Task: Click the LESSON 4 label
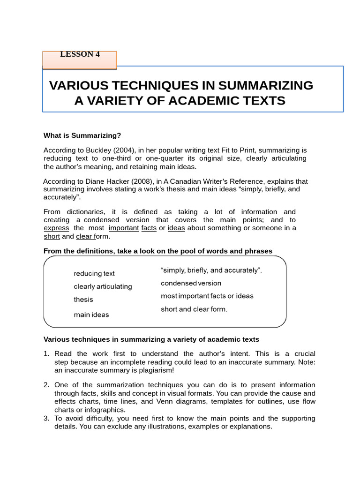[80, 54]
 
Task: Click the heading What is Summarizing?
[82, 135]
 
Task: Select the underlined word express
[56, 228]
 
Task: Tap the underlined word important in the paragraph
[124, 228]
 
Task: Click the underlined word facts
[149, 228]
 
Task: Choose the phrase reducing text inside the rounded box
[94, 273]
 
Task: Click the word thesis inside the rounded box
[83, 300]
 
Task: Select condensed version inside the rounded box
[191, 283]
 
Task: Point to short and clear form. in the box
[194, 309]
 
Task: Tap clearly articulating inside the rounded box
[103, 286]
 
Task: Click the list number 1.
[46, 354]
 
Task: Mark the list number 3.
[46, 419]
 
